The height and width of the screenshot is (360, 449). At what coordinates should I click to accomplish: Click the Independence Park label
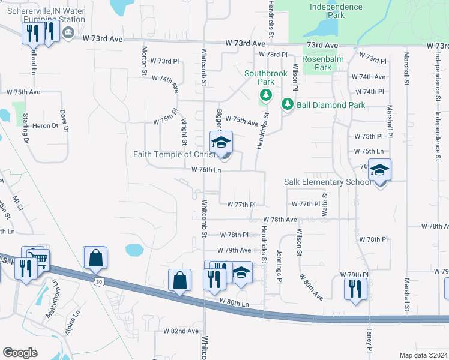click(x=336, y=11)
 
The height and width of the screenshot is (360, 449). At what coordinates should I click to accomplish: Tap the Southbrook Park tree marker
click(x=265, y=95)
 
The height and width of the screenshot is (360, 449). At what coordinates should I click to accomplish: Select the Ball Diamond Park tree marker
click(x=288, y=104)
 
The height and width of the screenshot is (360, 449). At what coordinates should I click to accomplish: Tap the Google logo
click(x=20, y=352)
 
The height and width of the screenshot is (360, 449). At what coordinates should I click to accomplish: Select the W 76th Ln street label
click(x=206, y=170)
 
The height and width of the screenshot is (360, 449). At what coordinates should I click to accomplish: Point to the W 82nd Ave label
click(x=181, y=331)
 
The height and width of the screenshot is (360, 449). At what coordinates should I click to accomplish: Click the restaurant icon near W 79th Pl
click(x=355, y=289)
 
